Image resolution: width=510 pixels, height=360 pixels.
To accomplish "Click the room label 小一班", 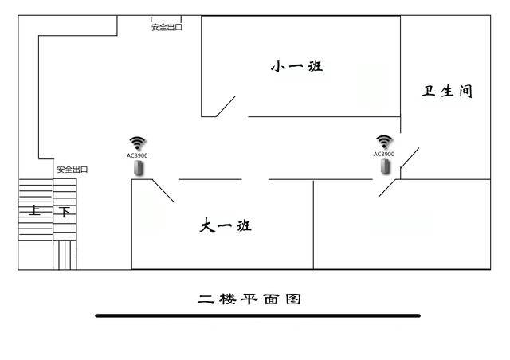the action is click(x=296, y=66).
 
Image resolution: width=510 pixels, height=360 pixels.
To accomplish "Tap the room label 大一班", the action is click(x=226, y=225).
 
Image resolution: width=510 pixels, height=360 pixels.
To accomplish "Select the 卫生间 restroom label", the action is click(x=447, y=91).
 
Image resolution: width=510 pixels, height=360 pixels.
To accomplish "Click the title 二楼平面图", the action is click(x=249, y=299).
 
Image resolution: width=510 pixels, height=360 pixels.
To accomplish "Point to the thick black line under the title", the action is click(x=258, y=315).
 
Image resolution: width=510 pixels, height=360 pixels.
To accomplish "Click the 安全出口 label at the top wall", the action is click(x=167, y=27).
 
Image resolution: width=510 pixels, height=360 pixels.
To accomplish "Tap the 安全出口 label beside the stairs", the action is click(x=73, y=170).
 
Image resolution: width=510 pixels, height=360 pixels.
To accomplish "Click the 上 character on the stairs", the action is click(x=34, y=210).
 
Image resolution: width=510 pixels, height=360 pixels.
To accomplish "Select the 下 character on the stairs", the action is click(x=65, y=212).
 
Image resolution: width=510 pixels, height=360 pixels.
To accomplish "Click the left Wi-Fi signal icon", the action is click(x=138, y=143).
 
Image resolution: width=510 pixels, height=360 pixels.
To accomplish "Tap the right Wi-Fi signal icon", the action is click(x=384, y=142).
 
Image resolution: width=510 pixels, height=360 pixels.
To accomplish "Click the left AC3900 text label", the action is click(x=137, y=155).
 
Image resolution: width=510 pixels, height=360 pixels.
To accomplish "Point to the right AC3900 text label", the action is click(x=384, y=154).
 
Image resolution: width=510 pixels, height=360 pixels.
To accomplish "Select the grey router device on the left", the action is click(x=139, y=169).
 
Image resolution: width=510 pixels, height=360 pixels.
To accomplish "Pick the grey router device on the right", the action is click(x=386, y=166).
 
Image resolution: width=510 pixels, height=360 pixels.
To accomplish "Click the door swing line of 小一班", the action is click(x=226, y=107).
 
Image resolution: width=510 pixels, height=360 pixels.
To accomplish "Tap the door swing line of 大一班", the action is click(x=163, y=190).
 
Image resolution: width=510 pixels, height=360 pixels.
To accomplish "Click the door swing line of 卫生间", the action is click(x=410, y=158).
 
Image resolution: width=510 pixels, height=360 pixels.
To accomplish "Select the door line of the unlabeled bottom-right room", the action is click(x=387, y=188).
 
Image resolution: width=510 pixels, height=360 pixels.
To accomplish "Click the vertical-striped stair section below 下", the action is click(x=65, y=256).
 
